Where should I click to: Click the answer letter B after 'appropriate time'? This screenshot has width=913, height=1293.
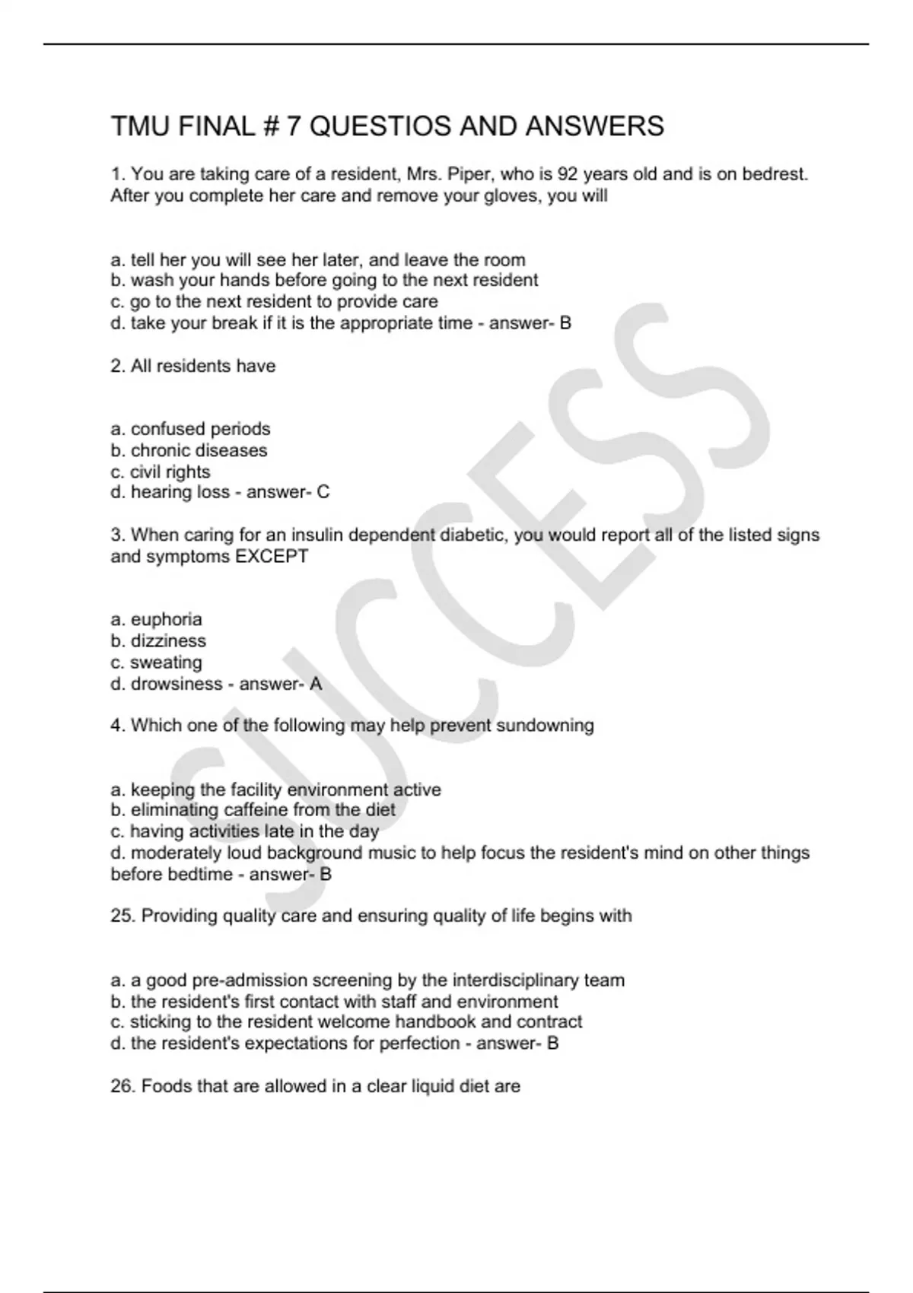[565, 323]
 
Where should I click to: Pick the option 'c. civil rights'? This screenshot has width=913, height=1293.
[160, 472]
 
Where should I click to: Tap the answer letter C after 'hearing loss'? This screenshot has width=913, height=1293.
[323, 492]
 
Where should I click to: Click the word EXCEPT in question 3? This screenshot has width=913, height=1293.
[272, 557]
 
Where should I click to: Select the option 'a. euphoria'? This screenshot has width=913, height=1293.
[156, 619]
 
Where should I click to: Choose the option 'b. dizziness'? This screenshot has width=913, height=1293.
[158, 640]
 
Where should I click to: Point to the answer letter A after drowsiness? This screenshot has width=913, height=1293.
[316, 684]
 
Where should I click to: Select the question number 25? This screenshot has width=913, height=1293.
[122, 916]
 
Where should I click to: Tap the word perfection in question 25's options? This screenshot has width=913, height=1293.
[419, 1044]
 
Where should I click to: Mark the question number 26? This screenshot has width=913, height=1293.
[122, 1086]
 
